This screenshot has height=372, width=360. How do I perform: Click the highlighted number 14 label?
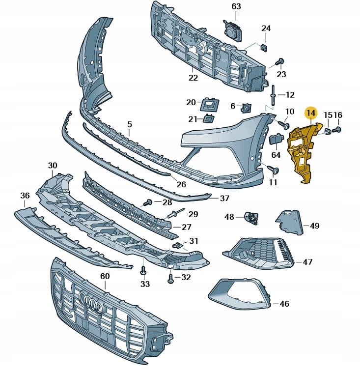310,114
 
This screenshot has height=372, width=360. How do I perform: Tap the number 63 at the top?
236,6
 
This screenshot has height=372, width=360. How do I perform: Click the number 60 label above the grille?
105,277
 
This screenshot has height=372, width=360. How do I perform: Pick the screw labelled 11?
274,170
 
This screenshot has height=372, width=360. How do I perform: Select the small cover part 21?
209,118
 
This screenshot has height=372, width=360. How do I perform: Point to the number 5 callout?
130,125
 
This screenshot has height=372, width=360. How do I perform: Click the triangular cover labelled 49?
290,222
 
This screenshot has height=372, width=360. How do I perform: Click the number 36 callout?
25,196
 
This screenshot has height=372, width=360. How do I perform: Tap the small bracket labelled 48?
251,217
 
